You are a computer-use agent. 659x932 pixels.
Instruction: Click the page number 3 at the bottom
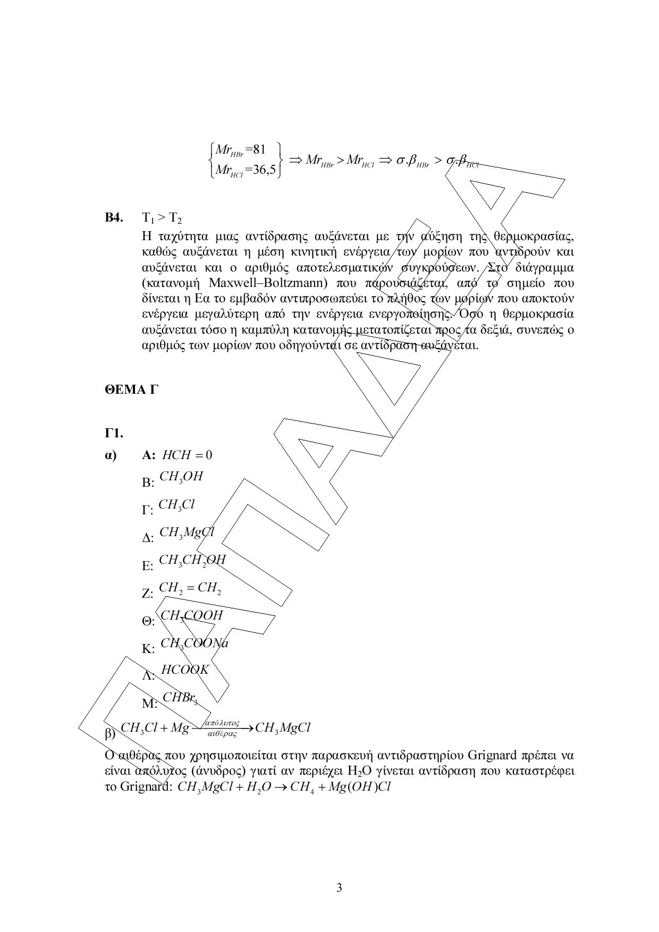339,888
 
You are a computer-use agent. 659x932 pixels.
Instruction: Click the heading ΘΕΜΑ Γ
131,390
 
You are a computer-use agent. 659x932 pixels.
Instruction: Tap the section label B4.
114,218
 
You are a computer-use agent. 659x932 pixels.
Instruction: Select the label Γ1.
114,433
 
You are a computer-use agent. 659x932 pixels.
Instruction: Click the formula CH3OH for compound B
181,477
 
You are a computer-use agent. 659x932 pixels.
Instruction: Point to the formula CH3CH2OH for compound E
192,560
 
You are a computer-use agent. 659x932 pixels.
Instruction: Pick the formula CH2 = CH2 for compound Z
190,588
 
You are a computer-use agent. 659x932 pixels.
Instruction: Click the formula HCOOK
185,670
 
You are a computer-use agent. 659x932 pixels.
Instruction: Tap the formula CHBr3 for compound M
180,698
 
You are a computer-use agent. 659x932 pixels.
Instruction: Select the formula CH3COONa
194,643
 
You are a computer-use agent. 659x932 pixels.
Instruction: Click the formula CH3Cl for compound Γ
177,505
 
